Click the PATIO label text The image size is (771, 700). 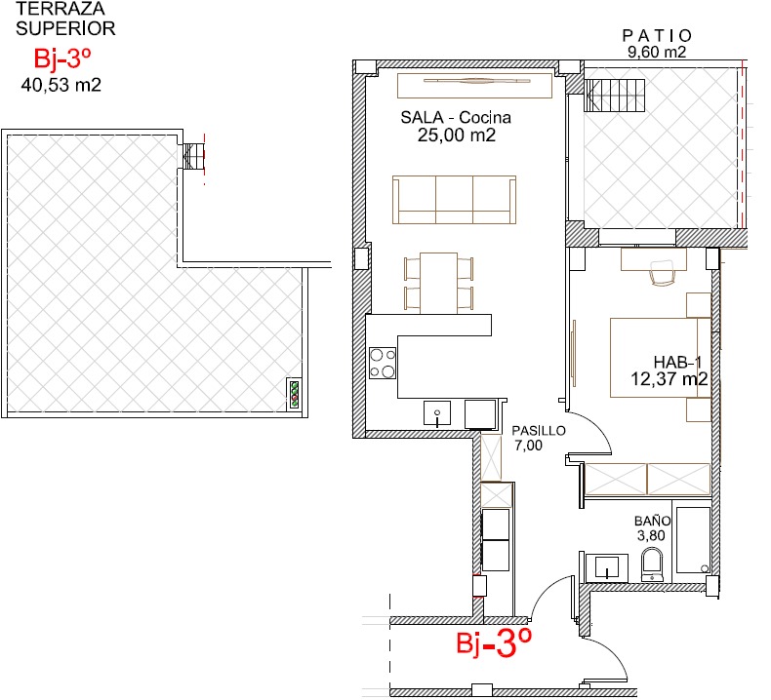[657, 36]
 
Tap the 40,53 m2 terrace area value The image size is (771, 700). [61, 85]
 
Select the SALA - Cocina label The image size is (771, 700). [456, 117]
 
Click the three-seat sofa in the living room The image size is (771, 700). [455, 200]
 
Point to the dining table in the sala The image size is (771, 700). [438, 283]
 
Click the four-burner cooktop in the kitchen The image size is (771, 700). [383, 363]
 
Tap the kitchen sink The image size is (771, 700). [437, 413]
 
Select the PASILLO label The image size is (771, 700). [539, 431]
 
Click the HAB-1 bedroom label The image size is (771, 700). [677, 363]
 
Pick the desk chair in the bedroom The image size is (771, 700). [663, 273]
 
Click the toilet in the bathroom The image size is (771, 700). [652, 565]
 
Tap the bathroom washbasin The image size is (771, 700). [607, 568]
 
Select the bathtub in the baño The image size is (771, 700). [693, 540]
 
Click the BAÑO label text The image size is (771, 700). [652, 521]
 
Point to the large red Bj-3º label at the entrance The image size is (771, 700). [494, 643]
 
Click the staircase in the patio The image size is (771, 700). [614, 96]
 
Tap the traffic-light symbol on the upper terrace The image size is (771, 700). [295, 394]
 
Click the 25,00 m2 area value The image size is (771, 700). [457, 136]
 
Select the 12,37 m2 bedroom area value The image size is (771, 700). [670, 378]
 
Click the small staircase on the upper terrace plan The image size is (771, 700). [193, 157]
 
